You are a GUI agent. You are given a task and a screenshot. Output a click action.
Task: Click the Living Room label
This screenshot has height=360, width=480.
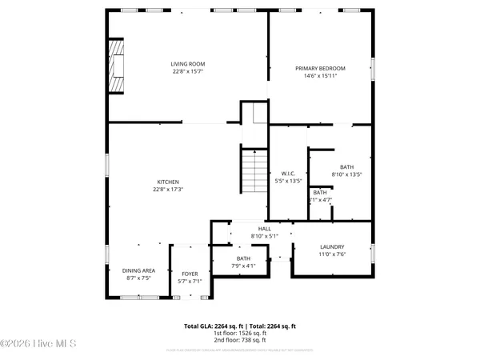[x=188, y=63]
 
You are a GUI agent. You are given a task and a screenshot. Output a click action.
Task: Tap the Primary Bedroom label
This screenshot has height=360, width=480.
[x=320, y=70]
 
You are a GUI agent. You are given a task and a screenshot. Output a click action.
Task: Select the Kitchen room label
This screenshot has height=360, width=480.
[x=167, y=182]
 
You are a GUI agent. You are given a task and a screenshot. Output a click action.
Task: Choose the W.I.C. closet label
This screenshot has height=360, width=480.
[x=288, y=174]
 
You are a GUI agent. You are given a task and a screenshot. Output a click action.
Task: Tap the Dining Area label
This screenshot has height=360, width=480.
[x=138, y=271]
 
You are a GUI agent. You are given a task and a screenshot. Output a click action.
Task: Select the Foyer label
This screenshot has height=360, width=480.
[x=189, y=274]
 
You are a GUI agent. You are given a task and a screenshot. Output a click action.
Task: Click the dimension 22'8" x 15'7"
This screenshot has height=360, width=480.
[x=188, y=71]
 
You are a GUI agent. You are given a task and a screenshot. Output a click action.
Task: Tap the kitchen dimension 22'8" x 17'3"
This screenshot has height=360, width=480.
[x=167, y=190]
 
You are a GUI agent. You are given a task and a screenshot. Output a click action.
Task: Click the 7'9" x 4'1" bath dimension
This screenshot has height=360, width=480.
[x=243, y=266]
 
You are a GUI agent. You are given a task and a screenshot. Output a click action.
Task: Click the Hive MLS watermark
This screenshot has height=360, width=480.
[x=38, y=345]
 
